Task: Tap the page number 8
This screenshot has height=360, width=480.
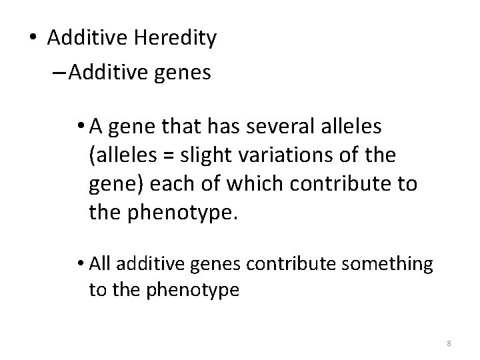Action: (449, 343)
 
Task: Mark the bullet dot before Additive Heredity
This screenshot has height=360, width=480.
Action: (33, 39)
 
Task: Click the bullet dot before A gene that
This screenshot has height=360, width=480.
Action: (79, 125)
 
